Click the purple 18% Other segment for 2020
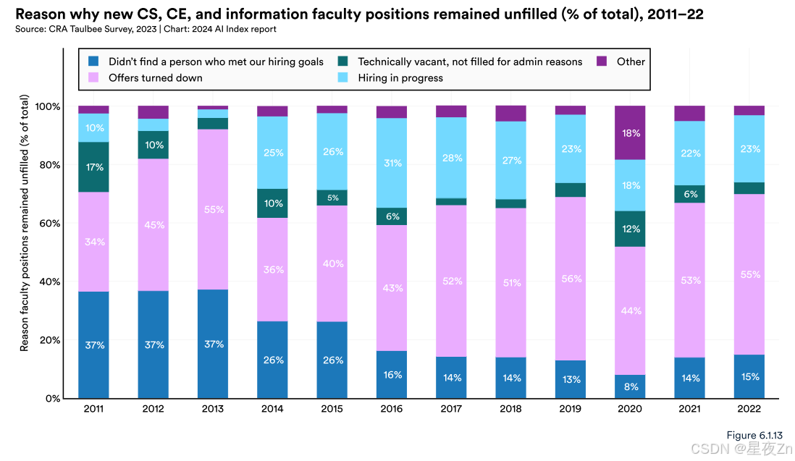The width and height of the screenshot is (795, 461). point(630,133)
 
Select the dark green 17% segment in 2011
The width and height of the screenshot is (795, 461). point(93,167)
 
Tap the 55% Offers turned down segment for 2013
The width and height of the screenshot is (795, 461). point(213,209)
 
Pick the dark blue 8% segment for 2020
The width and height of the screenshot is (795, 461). point(630,386)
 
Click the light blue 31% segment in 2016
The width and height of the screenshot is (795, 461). point(392,163)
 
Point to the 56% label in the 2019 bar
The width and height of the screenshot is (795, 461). point(571,278)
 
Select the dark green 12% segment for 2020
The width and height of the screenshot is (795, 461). point(630,229)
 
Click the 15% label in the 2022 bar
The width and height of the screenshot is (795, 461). point(749,376)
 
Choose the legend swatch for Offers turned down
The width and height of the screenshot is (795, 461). point(93,77)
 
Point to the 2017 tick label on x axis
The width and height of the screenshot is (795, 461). point(451,410)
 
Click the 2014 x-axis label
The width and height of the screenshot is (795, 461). point(272,410)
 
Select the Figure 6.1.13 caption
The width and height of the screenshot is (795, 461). point(754,434)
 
